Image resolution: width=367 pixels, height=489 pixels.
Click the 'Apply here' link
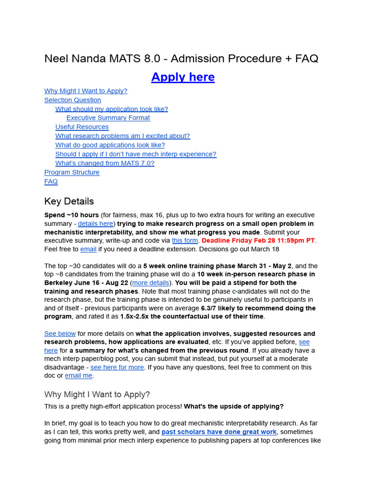pyautogui.click(x=183, y=77)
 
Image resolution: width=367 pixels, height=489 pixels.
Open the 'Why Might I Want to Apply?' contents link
pyautogui.click(x=86, y=91)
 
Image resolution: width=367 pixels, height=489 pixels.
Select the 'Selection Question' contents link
pyautogui.click(x=73, y=100)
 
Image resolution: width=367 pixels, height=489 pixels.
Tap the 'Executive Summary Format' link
pyautogui.click(x=108, y=118)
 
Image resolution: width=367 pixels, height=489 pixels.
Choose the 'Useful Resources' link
pyautogui.click(x=82, y=127)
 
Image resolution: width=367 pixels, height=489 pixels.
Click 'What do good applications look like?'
pyautogui.click(x=110, y=145)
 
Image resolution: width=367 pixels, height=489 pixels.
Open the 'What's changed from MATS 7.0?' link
pyautogui.click(x=105, y=163)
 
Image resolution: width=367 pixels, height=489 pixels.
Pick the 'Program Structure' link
pyautogui.click(x=72, y=172)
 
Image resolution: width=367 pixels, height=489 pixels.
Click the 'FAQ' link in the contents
pyautogui.click(x=51, y=181)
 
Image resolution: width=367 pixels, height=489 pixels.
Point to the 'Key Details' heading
pyautogui.click(x=69, y=201)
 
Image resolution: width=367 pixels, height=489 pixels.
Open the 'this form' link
pyautogui.click(x=184, y=241)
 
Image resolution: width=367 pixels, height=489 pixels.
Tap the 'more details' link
pyautogui.click(x=151, y=283)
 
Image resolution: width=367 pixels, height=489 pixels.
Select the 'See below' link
pyautogui.click(x=60, y=334)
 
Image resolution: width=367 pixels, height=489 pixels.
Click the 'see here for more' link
pyautogui.click(x=117, y=367)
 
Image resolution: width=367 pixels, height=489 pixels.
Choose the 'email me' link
pyautogui.click(x=78, y=376)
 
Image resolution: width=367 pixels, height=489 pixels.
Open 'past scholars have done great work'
pyautogui.click(x=219, y=432)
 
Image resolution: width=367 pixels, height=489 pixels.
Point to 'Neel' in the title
pyautogui.click(x=56, y=59)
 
